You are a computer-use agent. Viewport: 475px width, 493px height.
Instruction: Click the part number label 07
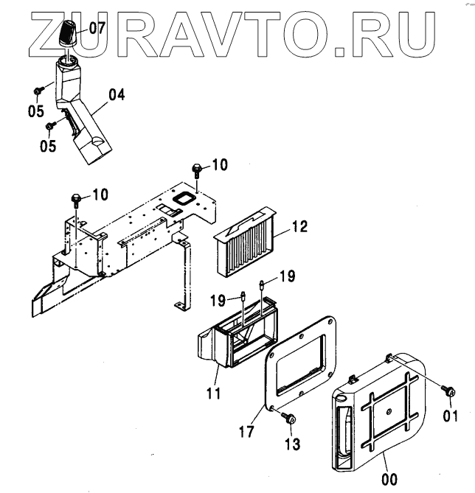coord(98,29)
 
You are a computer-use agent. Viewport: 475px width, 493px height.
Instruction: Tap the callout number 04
coord(117,94)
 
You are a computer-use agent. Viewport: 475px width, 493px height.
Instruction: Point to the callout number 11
coord(213,394)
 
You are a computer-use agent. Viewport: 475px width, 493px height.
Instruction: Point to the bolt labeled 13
coord(288,419)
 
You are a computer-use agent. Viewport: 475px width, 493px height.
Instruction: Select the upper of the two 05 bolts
coord(37,91)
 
